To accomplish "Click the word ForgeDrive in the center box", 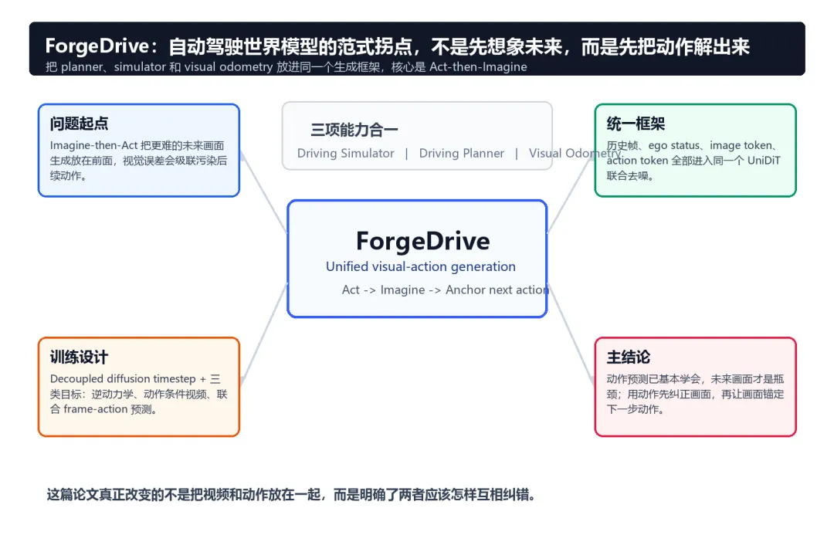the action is (423, 242).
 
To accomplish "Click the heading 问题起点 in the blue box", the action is (80, 124).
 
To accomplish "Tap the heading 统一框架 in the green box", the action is (636, 124).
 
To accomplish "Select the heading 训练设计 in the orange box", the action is (80, 357).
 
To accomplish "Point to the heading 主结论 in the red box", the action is (628, 357).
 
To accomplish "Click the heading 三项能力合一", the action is (354, 129).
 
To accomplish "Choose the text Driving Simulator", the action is (346, 153).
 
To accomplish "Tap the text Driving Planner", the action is (462, 153).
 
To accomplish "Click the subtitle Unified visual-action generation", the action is (421, 266).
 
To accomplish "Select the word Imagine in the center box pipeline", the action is (402, 290).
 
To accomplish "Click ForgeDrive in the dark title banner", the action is (97, 46).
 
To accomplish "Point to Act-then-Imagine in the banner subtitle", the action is (478, 67).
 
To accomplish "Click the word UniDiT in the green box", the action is (764, 161).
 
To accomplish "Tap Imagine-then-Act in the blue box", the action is (93, 145).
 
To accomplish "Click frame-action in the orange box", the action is (96, 409).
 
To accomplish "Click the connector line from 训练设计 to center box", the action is (264, 334).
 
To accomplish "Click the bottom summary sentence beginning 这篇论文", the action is (291, 495).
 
